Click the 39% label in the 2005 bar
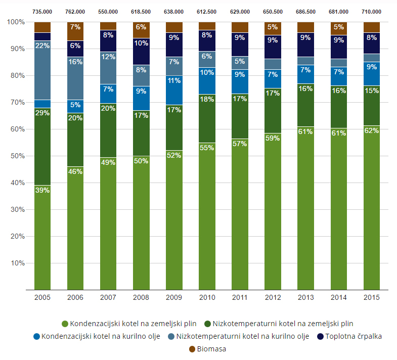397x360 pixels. tap(42, 190)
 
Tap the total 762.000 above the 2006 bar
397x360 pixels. tap(75, 12)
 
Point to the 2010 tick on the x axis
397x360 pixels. tap(207, 297)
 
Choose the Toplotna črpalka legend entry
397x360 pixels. tap(349, 336)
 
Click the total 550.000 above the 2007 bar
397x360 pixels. tap(108, 12)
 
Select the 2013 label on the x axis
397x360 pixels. tap(305, 297)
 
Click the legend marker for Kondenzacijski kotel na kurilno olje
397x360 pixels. tap(36, 336)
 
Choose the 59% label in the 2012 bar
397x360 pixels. tap(273, 137)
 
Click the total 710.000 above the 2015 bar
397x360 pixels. tap(372, 12)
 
